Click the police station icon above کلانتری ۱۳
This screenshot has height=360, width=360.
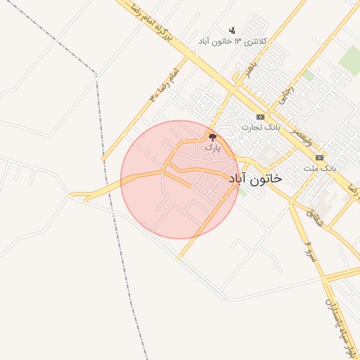pos(233,30)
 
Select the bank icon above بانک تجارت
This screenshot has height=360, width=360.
pos(260,117)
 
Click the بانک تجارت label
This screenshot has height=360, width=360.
pos(261,127)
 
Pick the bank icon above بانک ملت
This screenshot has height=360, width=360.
pos(320,157)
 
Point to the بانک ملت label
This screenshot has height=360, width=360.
pos(321,169)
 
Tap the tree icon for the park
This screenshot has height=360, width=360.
pos(212,137)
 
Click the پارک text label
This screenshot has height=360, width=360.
pos(212,148)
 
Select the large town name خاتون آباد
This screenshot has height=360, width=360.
pos(256,179)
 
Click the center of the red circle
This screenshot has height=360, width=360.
pos(181,179)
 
